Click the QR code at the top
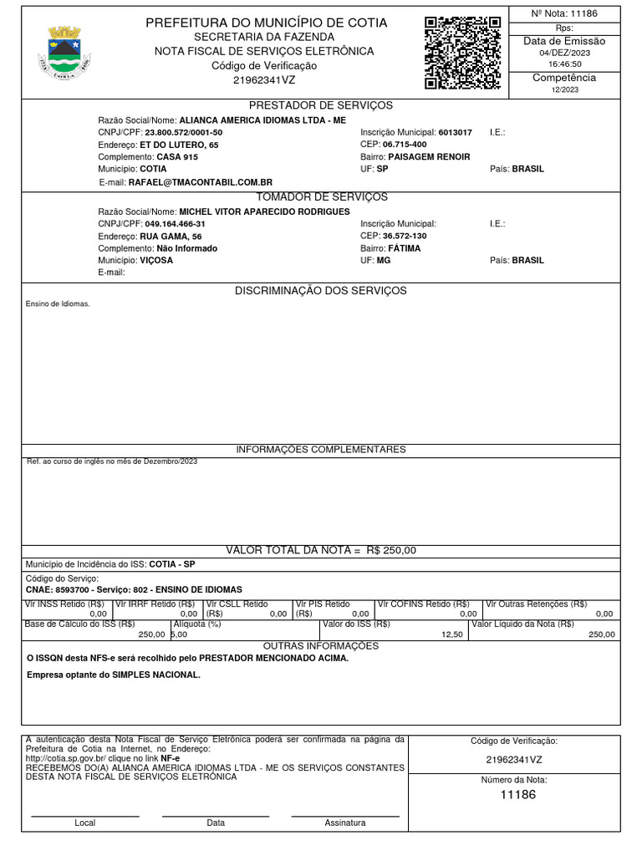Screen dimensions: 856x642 click(x=462, y=52)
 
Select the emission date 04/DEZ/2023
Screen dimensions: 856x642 click(x=565, y=52)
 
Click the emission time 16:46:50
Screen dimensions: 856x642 click(x=565, y=64)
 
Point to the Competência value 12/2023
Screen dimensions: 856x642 click(x=565, y=89)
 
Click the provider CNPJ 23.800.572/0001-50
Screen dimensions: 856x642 click(x=184, y=133)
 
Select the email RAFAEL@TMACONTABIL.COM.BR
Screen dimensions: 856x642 click(x=201, y=181)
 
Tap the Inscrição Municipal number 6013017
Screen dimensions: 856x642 click(x=455, y=133)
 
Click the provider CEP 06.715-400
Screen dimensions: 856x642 click(x=405, y=145)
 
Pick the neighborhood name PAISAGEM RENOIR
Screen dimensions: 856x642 click(x=429, y=157)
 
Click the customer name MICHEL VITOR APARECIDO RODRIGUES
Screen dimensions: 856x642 click(x=264, y=211)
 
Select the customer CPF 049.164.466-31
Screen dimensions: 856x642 click(x=175, y=224)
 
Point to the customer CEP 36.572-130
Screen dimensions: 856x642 click(x=405, y=236)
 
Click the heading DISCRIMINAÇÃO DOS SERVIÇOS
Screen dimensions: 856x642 click(x=321, y=291)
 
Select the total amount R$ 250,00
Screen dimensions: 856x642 click(x=391, y=550)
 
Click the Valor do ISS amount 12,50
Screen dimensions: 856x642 click(x=451, y=634)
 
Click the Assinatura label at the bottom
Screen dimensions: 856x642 click(x=344, y=823)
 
